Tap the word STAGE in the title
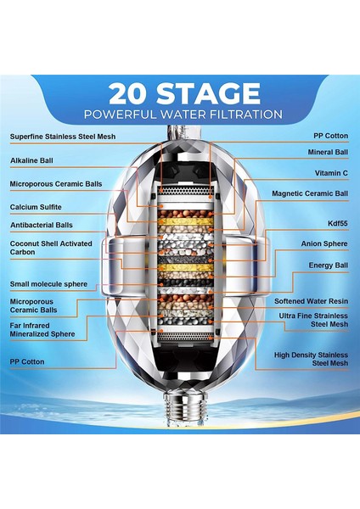point(208,93)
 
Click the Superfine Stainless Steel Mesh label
point(63,137)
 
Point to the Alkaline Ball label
point(31,160)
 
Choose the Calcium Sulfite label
point(36,207)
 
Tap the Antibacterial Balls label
point(42,225)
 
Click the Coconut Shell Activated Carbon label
point(51,248)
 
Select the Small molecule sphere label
point(48,284)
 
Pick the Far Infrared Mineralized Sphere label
point(42,330)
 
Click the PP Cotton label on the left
point(27,362)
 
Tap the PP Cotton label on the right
point(331,136)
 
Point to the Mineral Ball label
point(328,152)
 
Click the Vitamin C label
point(331,173)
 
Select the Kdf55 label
point(338,223)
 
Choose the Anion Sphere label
point(324,243)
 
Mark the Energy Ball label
point(328,266)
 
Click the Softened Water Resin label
point(311,301)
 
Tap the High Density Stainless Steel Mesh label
point(311,359)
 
